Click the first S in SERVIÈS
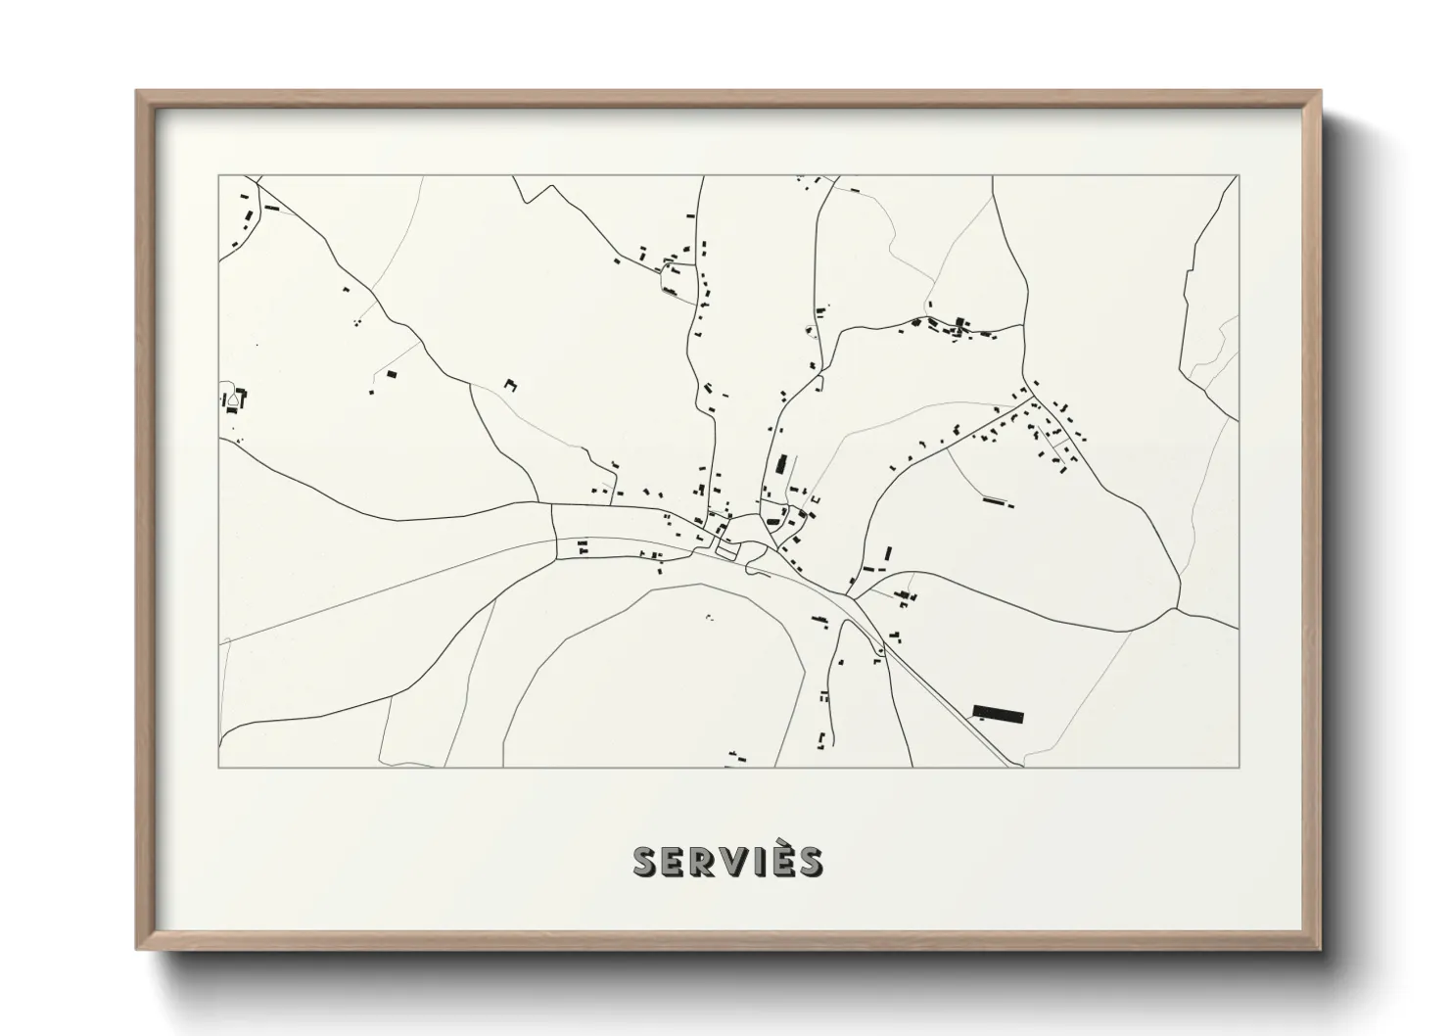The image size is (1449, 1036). tap(645, 862)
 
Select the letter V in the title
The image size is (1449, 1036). tap(728, 862)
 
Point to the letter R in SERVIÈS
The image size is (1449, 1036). tap(701, 862)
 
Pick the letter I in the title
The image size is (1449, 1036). tap(754, 862)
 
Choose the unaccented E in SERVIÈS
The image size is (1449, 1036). tap(674, 862)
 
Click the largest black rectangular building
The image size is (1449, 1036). tap(998, 713)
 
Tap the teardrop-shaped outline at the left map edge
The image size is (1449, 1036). tap(233, 399)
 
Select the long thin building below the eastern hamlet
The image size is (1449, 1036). tap(997, 502)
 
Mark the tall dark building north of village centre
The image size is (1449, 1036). tap(781, 463)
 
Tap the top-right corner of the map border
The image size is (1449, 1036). tap(1239, 176)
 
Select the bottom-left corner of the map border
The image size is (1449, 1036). tap(219, 767)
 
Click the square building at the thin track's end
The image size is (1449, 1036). tap(393, 374)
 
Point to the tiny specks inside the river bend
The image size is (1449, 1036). tap(709, 617)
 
